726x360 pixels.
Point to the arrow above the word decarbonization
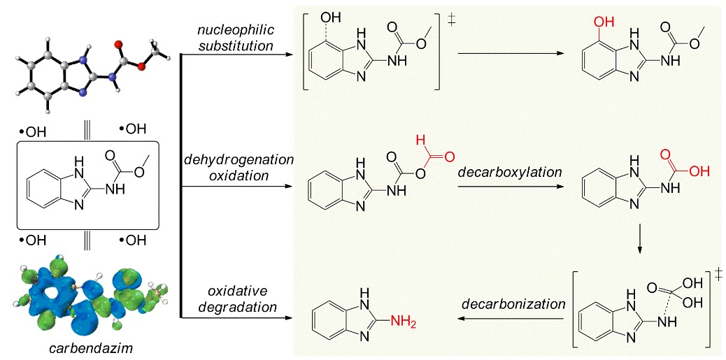click(511, 319)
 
